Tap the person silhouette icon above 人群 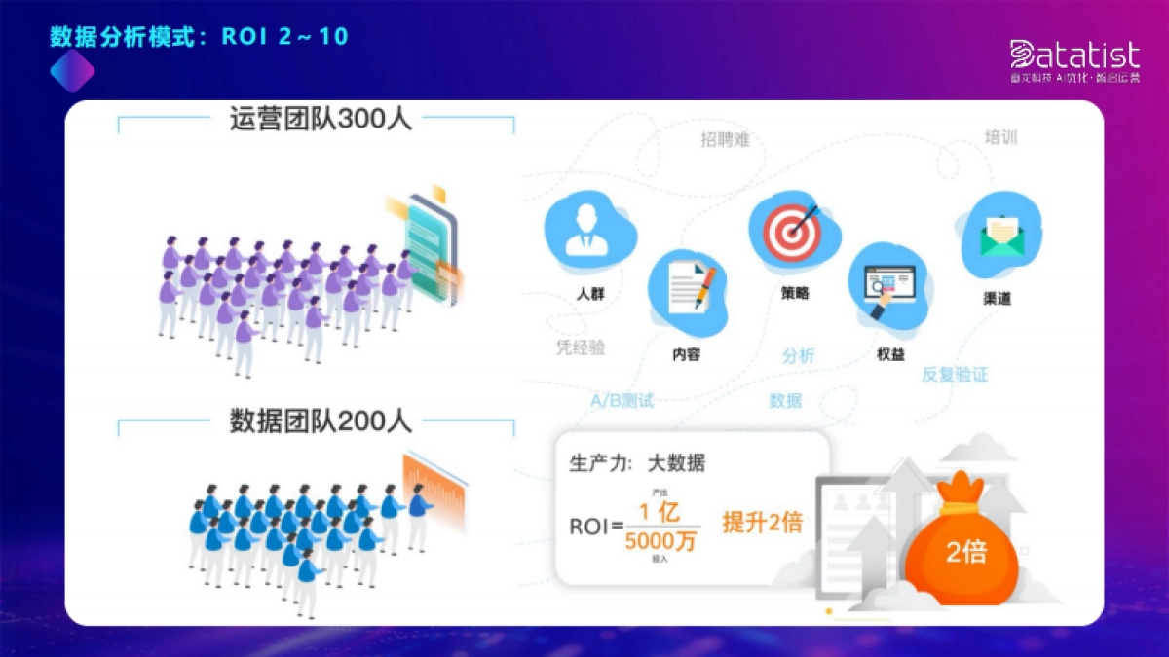(x=587, y=230)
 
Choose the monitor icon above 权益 (x=888, y=289)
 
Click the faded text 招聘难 (x=725, y=140)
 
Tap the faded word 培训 (x=1001, y=137)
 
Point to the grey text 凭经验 (x=580, y=348)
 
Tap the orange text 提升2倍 (x=762, y=522)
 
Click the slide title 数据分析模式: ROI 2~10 (x=199, y=37)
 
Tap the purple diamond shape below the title (x=72, y=70)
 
